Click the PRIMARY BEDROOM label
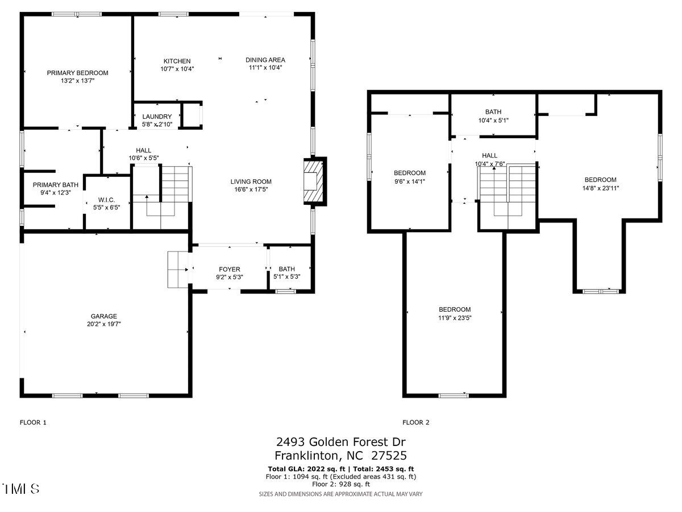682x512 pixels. pyautogui.click(x=77, y=73)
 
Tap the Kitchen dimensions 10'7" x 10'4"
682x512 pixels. pyautogui.click(x=177, y=69)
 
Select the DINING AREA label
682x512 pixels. pyautogui.click(x=265, y=60)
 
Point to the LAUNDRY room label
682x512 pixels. pyautogui.click(x=157, y=117)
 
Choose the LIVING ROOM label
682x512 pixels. pyautogui.click(x=251, y=181)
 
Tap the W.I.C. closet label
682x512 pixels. pyautogui.click(x=107, y=200)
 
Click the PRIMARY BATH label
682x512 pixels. pyautogui.click(x=56, y=185)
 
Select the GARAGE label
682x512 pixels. pyautogui.click(x=104, y=316)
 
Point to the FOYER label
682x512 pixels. pyautogui.click(x=229, y=269)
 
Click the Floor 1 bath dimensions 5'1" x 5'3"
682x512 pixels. pyautogui.click(x=287, y=276)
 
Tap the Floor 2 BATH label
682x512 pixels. pyautogui.click(x=493, y=112)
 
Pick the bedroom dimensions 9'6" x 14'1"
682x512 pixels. pyautogui.click(x=410, y=181)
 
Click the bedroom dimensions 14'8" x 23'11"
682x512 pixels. pyautogui.click(x=600, y=188)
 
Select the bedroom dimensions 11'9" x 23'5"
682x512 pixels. pyautogui.click(x=455, y=317)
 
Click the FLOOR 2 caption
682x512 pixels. pyautogui.click(x=415, y=423)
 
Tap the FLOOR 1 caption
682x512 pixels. pyautogui.click(x=33, y=423)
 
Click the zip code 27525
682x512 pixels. pyautogui.click(x=389, y=456)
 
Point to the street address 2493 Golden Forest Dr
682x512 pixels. pyautogui.click(x=341, y=442)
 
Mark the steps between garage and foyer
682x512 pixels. pyautogui.click(x=178, y=270)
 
